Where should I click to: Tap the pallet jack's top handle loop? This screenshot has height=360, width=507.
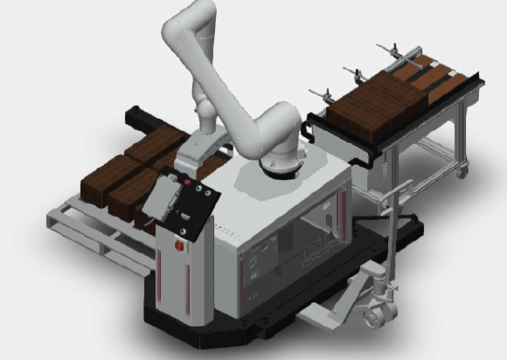pos(403,186)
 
